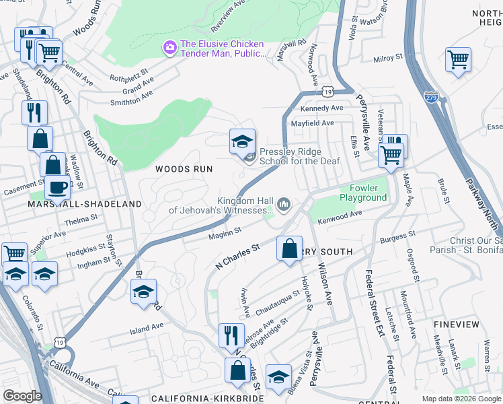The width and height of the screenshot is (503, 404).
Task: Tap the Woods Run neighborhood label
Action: pos(184,169)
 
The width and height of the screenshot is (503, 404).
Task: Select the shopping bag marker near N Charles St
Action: pos(289,248)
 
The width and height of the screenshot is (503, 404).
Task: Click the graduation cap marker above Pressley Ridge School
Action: pos(242,141)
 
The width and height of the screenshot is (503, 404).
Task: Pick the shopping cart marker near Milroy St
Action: pos(458,59)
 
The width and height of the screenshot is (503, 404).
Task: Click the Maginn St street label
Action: pos(225,233)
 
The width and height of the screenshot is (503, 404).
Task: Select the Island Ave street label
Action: pos(147,326)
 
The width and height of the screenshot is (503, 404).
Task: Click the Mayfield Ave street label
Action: pos(312,123)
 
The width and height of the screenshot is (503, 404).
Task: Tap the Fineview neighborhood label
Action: pos(457,325)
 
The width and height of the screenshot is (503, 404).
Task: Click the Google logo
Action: pos(22,397)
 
